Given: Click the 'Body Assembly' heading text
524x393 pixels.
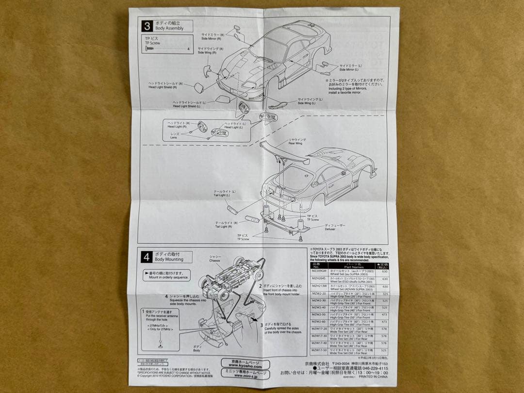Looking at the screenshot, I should pyautogui.click(x=169, y=29).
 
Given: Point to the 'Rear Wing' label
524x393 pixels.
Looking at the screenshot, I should pyautogui.click(x=297, y=143).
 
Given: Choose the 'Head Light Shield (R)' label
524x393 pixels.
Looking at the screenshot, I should pyautogui.click(x=163, y=87).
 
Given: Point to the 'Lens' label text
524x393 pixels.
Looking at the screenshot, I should pyautogui.click(x=174, y=138).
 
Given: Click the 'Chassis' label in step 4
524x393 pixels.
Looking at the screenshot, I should pyautogui.click(x=215, y=260).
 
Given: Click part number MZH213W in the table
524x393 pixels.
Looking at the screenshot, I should pyautogui.click(x=318, y=287).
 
